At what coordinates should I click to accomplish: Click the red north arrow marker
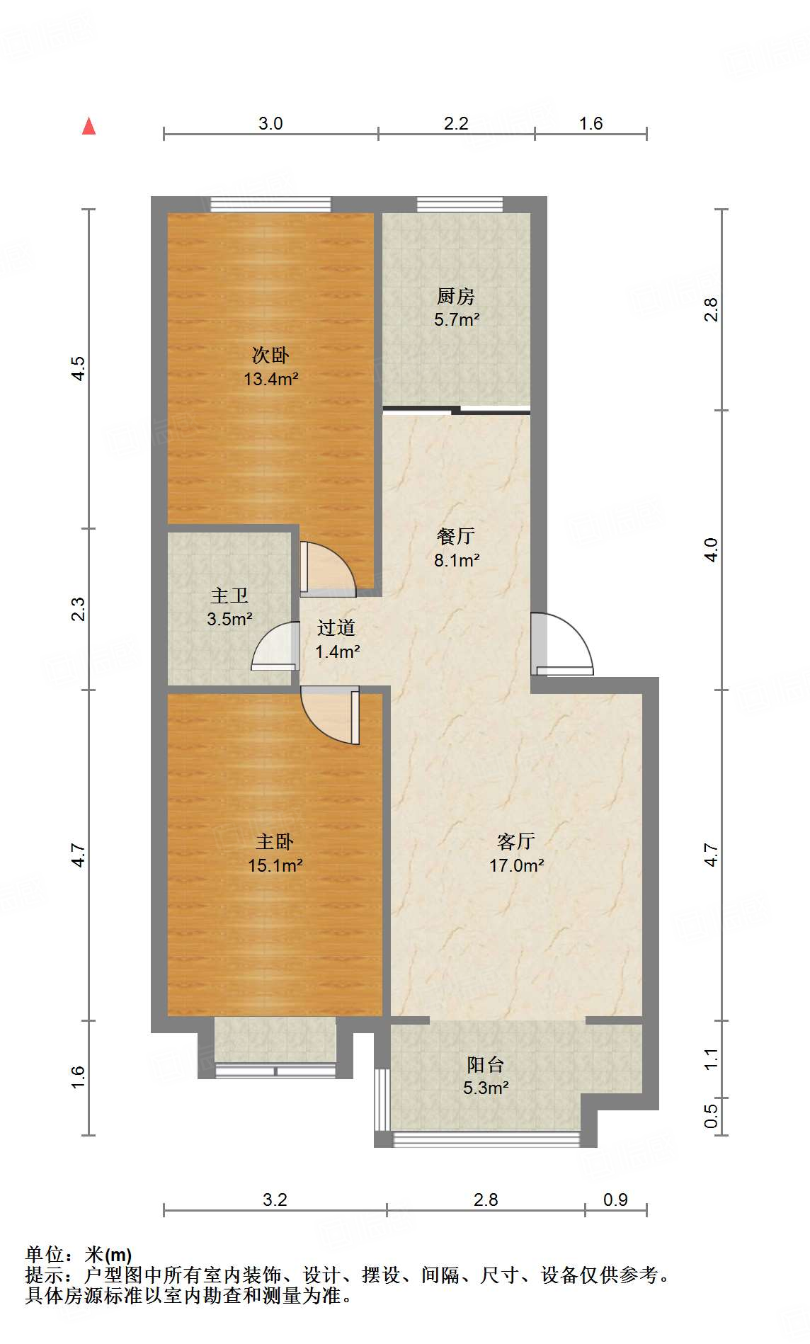[89, 126]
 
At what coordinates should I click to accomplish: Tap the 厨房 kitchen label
[456, 295]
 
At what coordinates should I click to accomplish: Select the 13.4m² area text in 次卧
[271, 379]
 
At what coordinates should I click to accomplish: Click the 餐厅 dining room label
[456, 536]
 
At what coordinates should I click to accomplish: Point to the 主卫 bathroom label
[229, 596]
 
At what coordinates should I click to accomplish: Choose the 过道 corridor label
[336, 627]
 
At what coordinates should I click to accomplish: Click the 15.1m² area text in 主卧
[275, 865]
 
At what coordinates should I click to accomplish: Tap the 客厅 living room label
[516, 841]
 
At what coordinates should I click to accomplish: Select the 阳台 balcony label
[486, 1064]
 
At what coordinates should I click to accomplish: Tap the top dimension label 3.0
[270, 123]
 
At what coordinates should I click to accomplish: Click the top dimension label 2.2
[456, 123]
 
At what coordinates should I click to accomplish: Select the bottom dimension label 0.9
[615, 1200]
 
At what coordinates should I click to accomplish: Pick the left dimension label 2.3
[78, 610]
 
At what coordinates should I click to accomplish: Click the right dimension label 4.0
[711, 550]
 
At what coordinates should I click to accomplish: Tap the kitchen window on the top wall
[460, 205]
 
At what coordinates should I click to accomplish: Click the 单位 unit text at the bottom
[45, 1254]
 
